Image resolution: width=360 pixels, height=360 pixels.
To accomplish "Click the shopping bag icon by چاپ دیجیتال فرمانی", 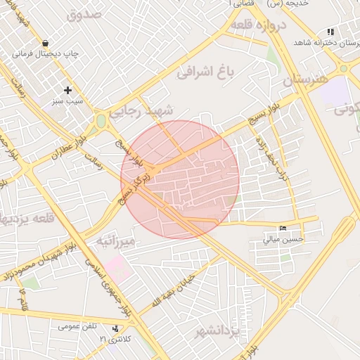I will point(46,42).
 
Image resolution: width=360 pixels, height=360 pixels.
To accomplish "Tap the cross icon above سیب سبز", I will point(67,90).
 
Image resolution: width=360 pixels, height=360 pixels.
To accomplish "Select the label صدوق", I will point(85,13).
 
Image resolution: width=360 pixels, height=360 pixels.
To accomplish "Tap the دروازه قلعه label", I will point(260,25).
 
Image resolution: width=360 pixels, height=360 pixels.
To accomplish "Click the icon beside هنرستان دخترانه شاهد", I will point(330,32).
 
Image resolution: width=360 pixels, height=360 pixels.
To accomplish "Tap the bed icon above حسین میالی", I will point(283,228).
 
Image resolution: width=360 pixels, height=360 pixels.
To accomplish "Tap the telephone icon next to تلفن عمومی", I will point(115,328).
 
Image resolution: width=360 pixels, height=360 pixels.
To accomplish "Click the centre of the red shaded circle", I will point(180,179).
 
